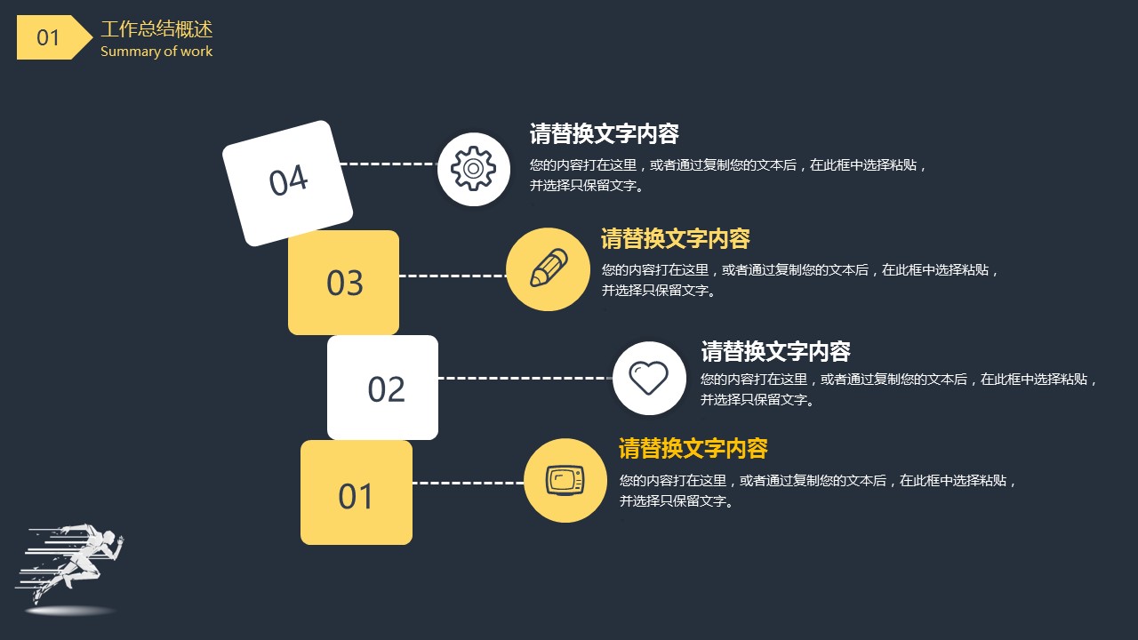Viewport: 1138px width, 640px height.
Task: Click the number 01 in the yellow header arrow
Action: [48, 37]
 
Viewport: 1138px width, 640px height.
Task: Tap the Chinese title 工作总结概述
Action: [156, 29]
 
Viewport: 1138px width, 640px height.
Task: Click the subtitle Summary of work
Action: [156, 52]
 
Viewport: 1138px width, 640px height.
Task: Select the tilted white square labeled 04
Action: [287, 183]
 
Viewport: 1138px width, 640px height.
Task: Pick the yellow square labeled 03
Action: [343, 283]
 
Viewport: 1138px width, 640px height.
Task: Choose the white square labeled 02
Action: [382, 387]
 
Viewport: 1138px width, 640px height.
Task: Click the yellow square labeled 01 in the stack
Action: [357, 492]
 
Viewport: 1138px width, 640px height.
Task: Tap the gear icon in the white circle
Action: [473, 168]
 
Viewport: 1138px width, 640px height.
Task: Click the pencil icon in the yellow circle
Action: [549, 268]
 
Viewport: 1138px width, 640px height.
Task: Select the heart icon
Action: [649, 378]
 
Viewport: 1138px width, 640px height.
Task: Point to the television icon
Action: [565, 480]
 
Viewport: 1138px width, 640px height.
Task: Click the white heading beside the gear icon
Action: [604, 133]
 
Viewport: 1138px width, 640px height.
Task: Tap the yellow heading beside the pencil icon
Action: [675, 239]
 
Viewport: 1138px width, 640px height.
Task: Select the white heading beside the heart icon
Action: [775, 351]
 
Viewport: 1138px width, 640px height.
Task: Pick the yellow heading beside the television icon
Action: [693, 449]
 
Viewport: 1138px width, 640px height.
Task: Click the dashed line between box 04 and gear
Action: [389, 164]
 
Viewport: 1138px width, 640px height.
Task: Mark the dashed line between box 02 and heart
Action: [525, 378]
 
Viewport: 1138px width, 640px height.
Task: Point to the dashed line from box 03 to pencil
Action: [453, 276]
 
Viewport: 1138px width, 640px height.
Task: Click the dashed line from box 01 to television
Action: [469, 483]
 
